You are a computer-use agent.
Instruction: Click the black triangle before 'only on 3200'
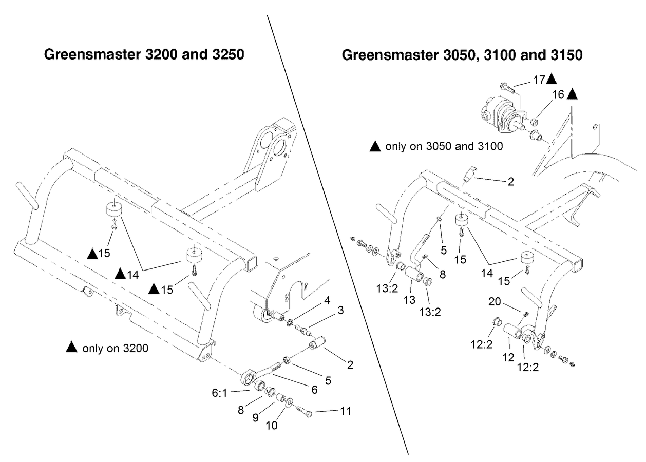coord(72,349)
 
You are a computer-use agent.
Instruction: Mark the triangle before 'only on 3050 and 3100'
coord(375,147)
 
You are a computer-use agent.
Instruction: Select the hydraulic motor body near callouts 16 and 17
coord(494,111)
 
